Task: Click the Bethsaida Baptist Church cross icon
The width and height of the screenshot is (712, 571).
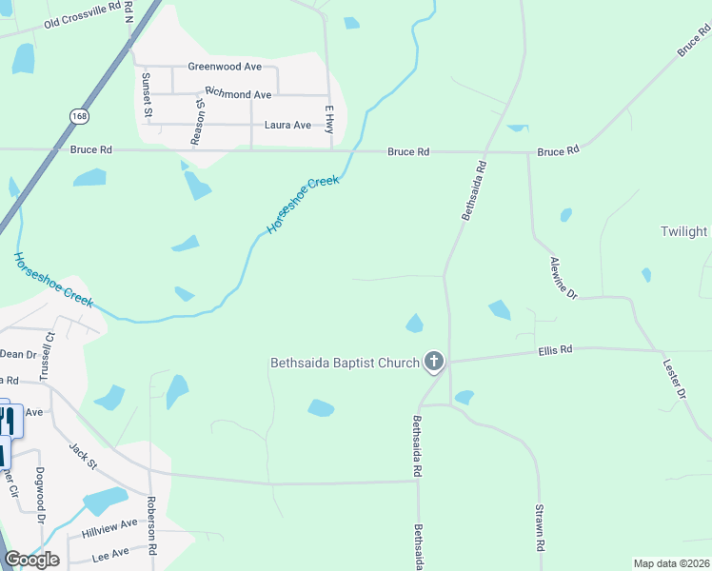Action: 434,361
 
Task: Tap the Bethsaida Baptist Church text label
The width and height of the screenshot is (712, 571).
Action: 345,362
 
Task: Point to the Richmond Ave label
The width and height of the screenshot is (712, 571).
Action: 239,95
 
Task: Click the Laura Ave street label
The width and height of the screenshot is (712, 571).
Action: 287,125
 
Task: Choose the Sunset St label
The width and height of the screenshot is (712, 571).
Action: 147,95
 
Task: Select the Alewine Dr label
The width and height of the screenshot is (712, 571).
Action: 564,278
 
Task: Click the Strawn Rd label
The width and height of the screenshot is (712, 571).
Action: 539,528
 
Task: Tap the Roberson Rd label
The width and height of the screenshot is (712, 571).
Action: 151,524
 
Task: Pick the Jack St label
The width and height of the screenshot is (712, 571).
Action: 83,455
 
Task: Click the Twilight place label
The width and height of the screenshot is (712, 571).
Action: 684,231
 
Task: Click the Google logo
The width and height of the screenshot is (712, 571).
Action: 31,560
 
